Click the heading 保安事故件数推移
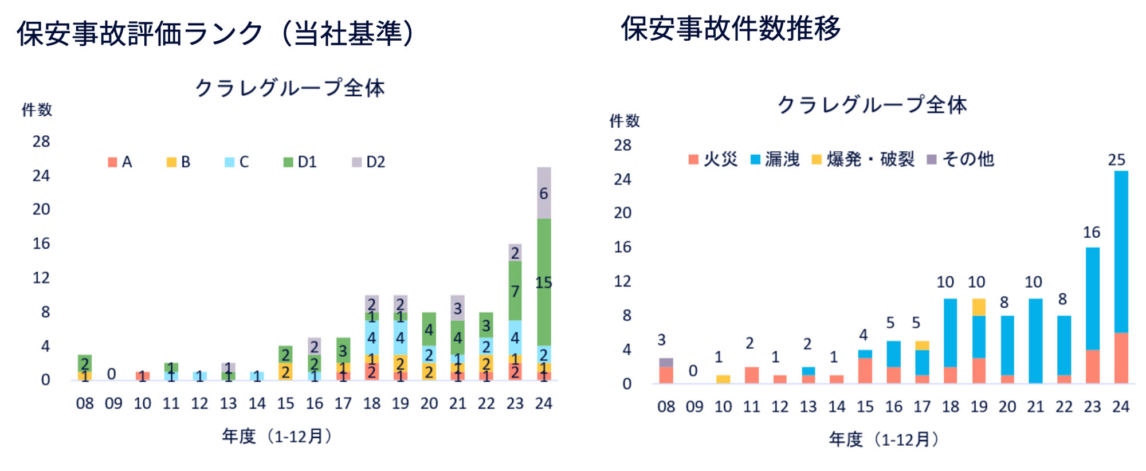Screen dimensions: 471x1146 [x=731, y=29]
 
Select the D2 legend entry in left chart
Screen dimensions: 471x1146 [x=368, y=162]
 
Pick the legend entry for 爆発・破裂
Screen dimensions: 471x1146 [x=863, y=159]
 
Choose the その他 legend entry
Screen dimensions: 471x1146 [x=960, y=159]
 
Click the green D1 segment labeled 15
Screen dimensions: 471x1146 [x=544, y=282]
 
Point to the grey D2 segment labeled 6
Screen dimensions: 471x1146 [x=544, y=193]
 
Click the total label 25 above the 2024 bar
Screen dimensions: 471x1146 [x=1117, y=160]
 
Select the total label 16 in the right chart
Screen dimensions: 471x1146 [x=1092, y=233]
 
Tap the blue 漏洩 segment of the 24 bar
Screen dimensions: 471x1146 [x=1121, y=252]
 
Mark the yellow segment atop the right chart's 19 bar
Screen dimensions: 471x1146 [x=979, y=307]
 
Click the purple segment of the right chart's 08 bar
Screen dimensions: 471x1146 [x=666, y=362]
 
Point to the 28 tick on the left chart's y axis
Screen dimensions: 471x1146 [x=41, y=142]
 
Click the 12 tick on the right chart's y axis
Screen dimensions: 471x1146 [x=623, y=281]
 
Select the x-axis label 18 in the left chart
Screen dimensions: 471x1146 [x=372, y=404]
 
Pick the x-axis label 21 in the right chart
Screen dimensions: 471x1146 [x=1035, y=407]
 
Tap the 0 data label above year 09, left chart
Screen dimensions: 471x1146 [x=112, y=374]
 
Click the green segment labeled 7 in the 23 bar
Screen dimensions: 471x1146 [x=515, y=291]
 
